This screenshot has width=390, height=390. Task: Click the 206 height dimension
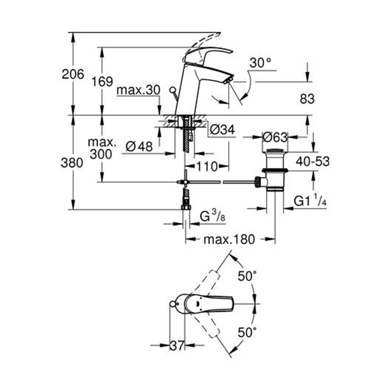pyautogui.click(x=73, y=74)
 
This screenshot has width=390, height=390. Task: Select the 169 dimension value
pyautogui.click(x=102, y=82)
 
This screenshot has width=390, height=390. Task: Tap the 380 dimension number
pyautogui.click(x=72, y=163)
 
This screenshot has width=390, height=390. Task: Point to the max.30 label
pyautogui.click(x=138, y=90)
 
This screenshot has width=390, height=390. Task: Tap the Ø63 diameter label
pyautogui.click(x=275, y=137)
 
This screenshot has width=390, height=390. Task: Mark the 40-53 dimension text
pyautogui.click(x=312, y=161)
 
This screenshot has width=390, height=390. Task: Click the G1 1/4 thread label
pyautogui.click(x=310, y=201)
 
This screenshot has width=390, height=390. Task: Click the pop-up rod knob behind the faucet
pyautogui.click(x=172, y=90)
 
